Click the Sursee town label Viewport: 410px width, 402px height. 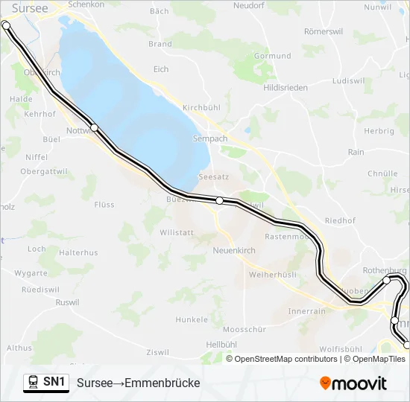30,8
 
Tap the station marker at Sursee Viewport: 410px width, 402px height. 7,25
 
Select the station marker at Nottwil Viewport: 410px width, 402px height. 95,127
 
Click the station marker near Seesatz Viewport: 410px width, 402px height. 220,200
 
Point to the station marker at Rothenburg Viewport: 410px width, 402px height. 386,281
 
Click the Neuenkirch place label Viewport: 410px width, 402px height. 235,250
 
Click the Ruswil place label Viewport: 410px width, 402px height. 67,302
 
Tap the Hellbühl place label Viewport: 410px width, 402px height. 221,344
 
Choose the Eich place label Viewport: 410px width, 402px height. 160,69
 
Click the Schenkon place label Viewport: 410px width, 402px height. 86,4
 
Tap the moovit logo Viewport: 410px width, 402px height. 353,383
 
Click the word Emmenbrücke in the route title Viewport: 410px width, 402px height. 163,383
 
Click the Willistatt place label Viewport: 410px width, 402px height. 177,232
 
